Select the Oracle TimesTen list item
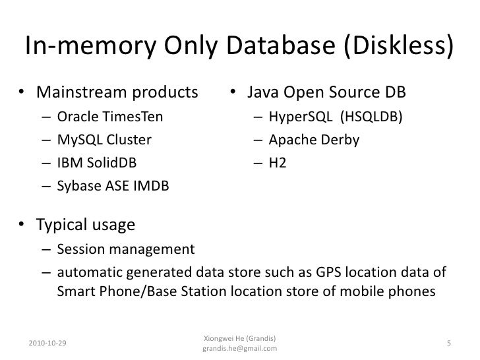pyautogui.click(x=109, y=119)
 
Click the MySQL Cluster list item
pyautogui.click(x=104, y=140)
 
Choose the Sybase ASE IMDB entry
pyautogui.click(x=113, y=187)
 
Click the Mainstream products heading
pyautogui.click(x=116, y=90)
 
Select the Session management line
pyautogui.click(x=126, y=249)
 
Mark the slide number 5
pyautogui.click(x=448, y=342)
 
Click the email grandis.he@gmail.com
pyautogui.click(x=239, y=347)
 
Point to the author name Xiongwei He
pyautogui.click(x=224, y=337)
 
